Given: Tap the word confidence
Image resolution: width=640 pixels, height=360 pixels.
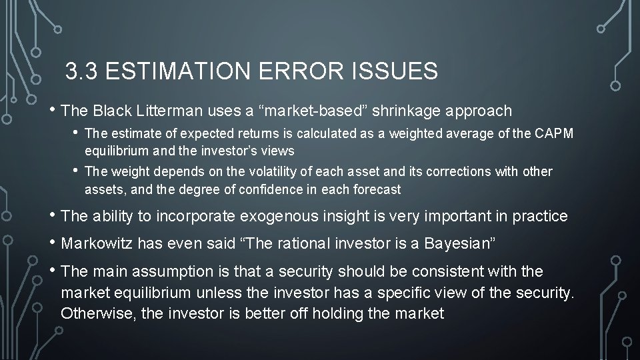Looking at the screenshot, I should (x=256, y=189).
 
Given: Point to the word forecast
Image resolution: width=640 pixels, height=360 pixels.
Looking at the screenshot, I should (x=378, y=189).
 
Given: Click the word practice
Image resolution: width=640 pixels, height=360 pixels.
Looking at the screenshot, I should (x=538, y=217).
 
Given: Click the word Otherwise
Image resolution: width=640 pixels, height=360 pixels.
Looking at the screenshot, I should (x=99, y=313).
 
